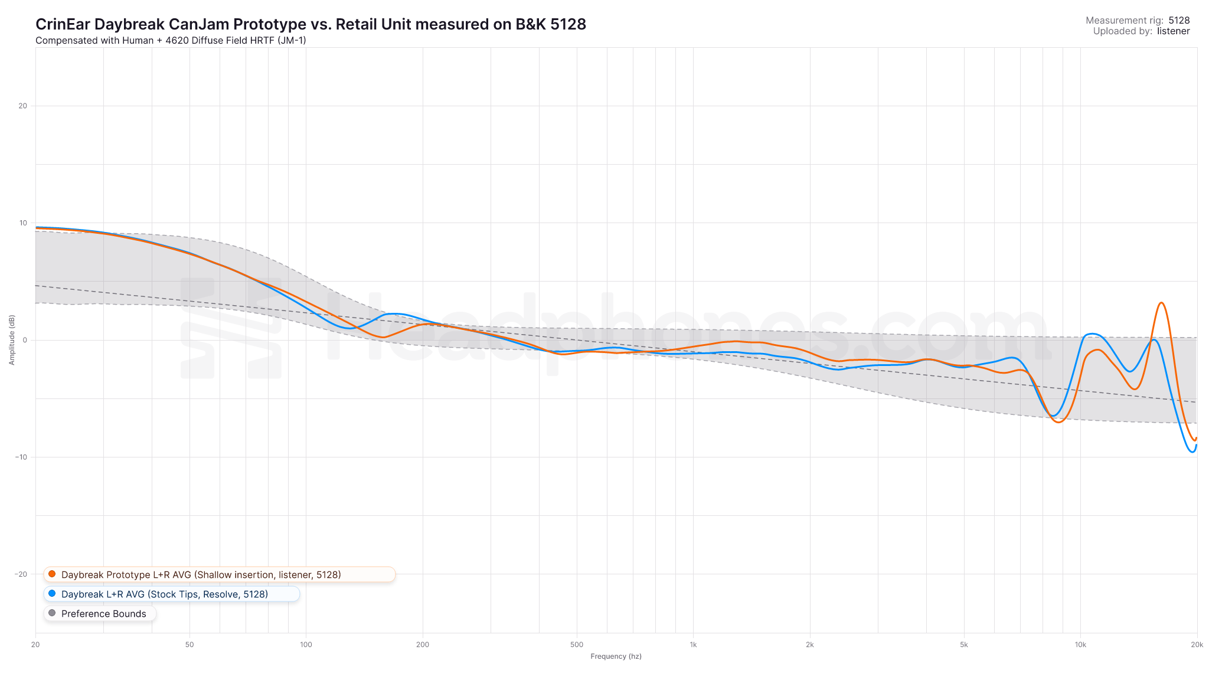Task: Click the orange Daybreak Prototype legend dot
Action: tap(52, 574)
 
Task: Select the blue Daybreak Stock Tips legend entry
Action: tap(164, 594)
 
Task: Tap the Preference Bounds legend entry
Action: tap(103, 614)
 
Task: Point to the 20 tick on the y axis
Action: tap(23, 106)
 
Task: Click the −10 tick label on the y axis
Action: tap(22, 457)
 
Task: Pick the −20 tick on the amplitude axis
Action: tap(22, 574)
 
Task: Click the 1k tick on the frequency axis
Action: tap(693, 645)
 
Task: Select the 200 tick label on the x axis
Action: tap(423, 645)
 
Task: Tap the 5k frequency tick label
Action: tap(963, 645)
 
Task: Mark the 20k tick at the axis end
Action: tap(1197, 645)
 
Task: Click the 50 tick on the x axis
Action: tap(189, 645)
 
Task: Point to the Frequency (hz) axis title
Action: tap(616, 656)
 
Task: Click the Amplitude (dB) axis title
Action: tap(12, 340)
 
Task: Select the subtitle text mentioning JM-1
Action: tap(171, 41)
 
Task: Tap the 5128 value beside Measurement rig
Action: tap(1179, 21)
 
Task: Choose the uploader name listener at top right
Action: tap(1173, 31)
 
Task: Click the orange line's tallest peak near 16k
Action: tap(1161, 303)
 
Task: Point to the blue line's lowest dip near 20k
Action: tap(1191, 452)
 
